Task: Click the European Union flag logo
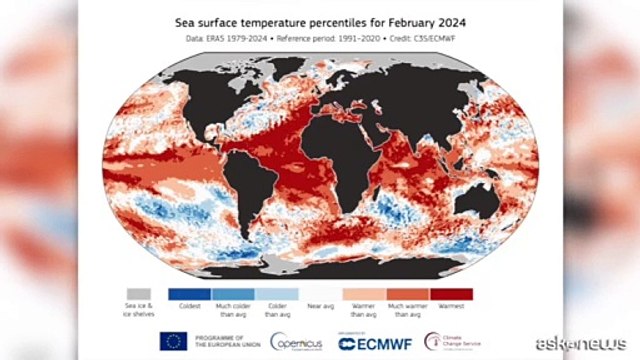169,340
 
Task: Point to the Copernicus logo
295,341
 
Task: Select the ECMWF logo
375,341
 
